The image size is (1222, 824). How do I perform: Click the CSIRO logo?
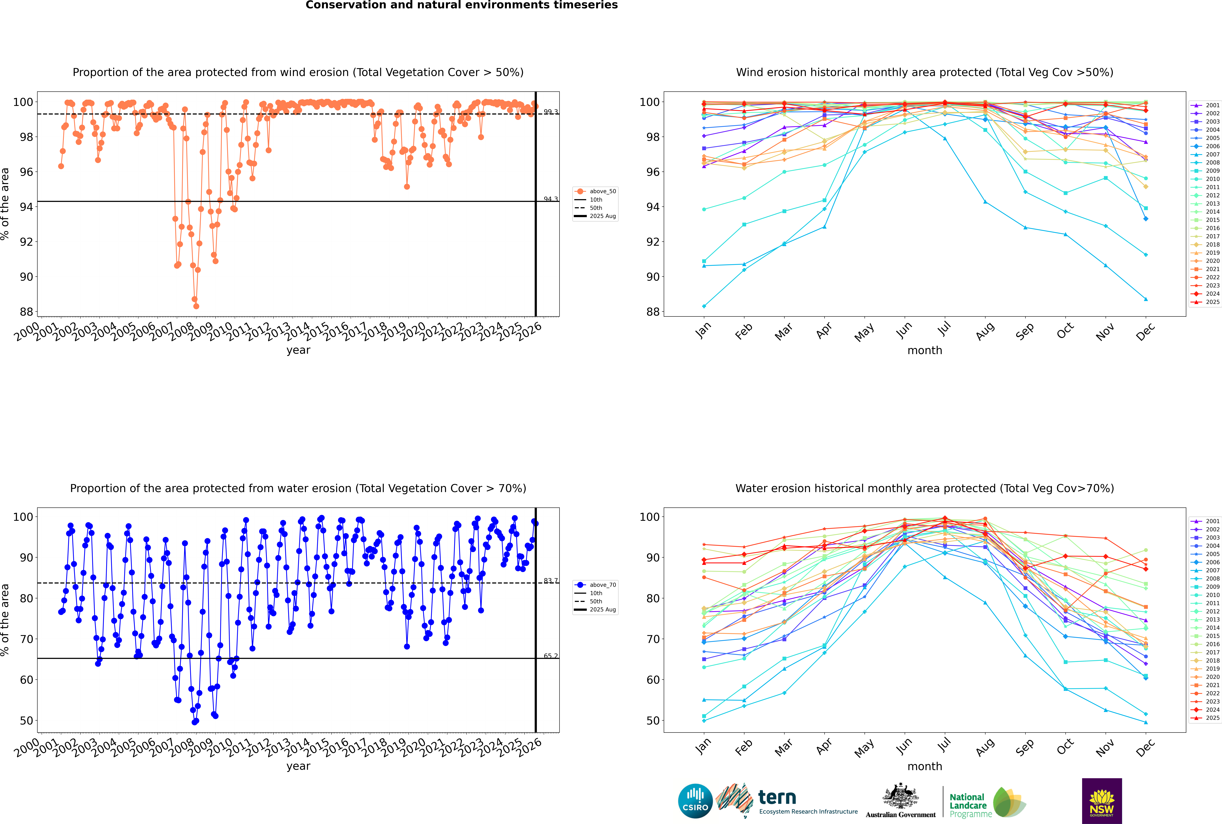[x=695, y=801]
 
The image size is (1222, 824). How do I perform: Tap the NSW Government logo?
[x=1102, y=800]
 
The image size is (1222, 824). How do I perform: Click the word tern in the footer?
[x=777, y=798]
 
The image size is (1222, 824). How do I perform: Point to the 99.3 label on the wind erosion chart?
[x=551, y=112]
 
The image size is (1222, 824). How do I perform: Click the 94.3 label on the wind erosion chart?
[x=551, y=199]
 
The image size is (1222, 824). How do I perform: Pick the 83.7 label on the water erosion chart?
[x=551, y=581]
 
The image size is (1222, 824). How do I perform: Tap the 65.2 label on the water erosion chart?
[x=551, y=656]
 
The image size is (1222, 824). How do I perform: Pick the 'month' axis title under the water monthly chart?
[x=925, y=766]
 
